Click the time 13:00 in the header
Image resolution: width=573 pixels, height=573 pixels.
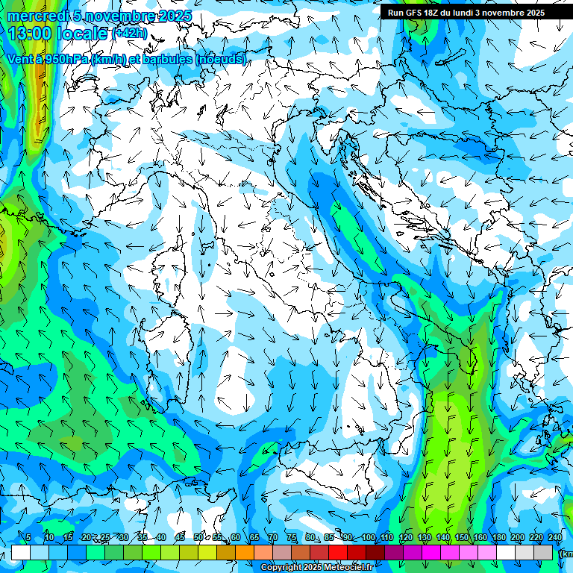click(x=29, y=34)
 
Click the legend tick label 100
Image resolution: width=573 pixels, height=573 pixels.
click(x=368, y=538)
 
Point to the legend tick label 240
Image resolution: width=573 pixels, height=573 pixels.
click(x=555, y=538)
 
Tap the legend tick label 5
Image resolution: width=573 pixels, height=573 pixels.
click(x=28, y=538)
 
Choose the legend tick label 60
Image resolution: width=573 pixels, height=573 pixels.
click(x=235, y=538)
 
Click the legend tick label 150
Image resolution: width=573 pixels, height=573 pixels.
click(x=462, y=538)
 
